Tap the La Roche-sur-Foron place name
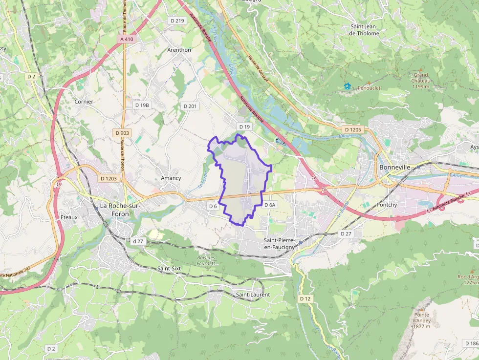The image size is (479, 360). click(x=120, y=210)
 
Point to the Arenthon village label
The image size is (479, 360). click(x=179, y=50)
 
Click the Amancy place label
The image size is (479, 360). click(x=171, y=178)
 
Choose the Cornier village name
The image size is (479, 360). click(x=84, y=102)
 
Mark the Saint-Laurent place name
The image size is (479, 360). click(x=253, y=295)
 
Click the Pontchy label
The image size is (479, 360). click(x=387, y=205)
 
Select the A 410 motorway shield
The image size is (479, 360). click(x=126, y=39)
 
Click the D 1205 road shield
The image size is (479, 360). click(x=352, y=129)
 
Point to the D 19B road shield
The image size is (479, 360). click(x=142, y=105)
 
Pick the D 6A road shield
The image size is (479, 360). click(x=270, y=205)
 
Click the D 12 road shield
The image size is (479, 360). click(x=305, y=298)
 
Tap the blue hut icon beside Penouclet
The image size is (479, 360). click(x=348, y=86)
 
